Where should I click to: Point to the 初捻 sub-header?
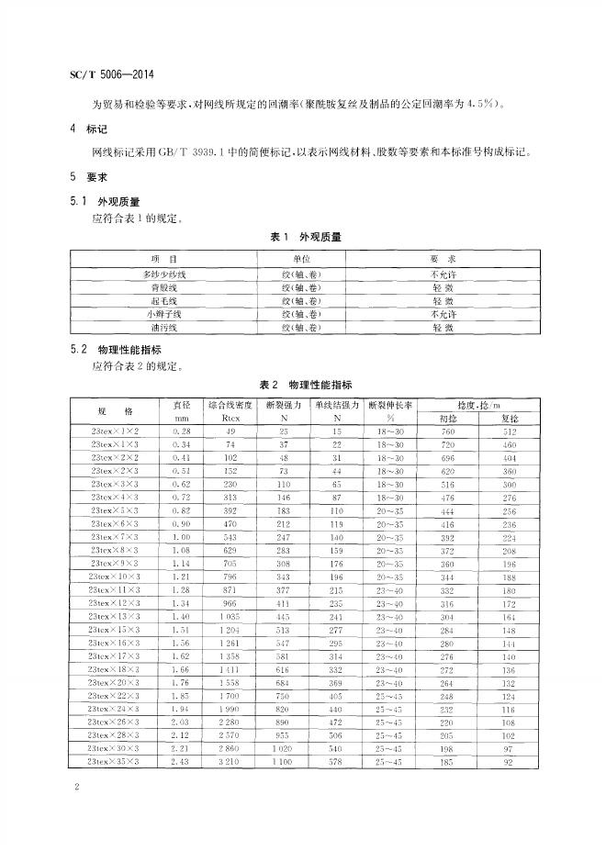pyautogui.click(x=447, y=419)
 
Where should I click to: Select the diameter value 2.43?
pyautogui.click(x=180, y=762)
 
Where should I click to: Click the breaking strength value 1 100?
pyautogui.click(x=284, y=762)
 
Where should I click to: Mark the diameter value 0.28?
pyautogui.click(x=180, y=431)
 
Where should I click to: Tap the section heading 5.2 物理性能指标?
pyautogui.click(x=118, y=350)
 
